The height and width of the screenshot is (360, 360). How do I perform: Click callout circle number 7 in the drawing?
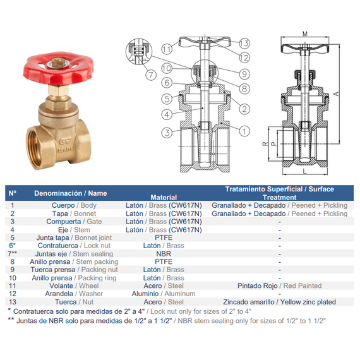[x=151, y=75]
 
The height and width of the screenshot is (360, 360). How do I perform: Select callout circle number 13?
[x=244, y=43]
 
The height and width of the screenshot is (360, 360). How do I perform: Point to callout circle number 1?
[x=244, y=131]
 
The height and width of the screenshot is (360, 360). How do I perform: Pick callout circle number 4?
[x=167, y=114]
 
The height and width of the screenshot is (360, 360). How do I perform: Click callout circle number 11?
[x=167, y=49]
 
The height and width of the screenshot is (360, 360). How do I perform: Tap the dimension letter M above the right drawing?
[x=305, y=34]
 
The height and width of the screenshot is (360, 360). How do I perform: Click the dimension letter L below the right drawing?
[x=304, y=171]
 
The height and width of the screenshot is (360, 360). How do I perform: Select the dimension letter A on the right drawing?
[x=336, y=93]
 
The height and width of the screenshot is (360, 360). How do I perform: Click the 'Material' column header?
[x=164, y=197]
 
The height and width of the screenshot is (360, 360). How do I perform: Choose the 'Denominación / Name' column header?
[x=71, y=193]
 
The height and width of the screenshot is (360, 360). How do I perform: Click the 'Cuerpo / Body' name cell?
[x=74, y=205]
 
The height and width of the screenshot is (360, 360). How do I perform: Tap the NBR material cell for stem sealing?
[x=164, y=254]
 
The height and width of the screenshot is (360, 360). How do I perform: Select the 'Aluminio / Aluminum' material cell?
[x=164, y=294]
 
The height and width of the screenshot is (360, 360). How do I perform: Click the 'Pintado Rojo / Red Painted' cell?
[x=279, y=286]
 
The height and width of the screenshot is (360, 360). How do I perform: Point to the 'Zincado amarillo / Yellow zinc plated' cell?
[x=279, y=302]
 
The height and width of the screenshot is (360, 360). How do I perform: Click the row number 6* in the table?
[x=13, y=246]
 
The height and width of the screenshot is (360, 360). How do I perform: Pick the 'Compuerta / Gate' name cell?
[x=74, y=222]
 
